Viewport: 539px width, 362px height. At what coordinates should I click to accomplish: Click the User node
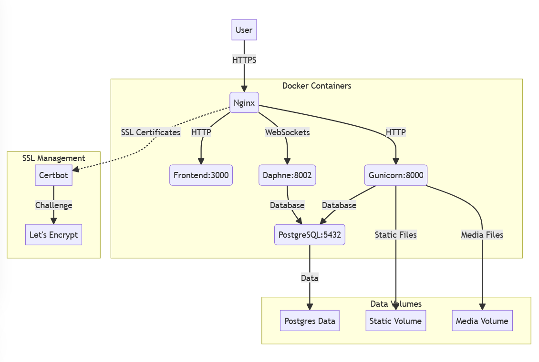(x=244, y=30)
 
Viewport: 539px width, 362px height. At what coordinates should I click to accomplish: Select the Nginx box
(x=244, y=102)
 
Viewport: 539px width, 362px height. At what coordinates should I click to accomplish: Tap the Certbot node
(x=53, y=175)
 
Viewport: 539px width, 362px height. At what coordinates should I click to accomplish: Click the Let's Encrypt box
(x=53, y=235)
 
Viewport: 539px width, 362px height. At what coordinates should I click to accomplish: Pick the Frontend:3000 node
(x=201, y=175)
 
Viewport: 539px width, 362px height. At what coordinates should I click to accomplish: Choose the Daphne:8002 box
(x=287, y=175)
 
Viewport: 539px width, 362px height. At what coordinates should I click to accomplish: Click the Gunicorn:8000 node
(x=395, y=175)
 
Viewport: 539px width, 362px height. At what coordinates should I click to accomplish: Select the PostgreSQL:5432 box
(x=310, y=235)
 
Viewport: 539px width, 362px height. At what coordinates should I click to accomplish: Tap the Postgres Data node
(x=310, y=321)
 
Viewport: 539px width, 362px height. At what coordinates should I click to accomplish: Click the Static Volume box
(x=395, y=321)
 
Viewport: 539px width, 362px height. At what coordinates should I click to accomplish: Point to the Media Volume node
(x=482, y=321)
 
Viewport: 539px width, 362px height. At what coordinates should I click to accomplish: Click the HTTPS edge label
(x=244, y=60)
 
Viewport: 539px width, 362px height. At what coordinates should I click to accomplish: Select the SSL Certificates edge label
(x=151, y=132)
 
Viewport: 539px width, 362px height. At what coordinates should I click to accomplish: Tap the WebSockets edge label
(x=287, y=132)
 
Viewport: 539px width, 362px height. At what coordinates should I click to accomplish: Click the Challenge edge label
(x=53, y=205)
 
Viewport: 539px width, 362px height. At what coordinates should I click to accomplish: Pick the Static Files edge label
(x=395, y=235)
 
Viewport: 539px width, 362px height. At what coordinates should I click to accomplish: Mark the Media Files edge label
(x=482, y=235)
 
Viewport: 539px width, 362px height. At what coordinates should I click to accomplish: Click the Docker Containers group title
(x=317, y=86)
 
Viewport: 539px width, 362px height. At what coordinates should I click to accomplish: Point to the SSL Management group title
(x=53, y=158)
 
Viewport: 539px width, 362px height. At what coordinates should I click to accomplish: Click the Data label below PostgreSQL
(x=310, y=278)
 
